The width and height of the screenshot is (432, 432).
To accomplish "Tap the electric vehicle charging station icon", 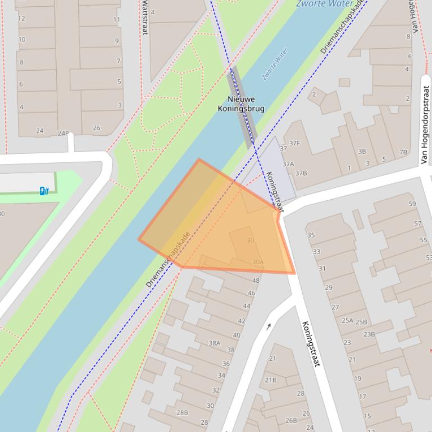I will tap(44, 191).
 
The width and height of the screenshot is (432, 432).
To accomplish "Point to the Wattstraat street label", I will tap(144, 17).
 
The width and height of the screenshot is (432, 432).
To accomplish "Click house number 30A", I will tap(257, 262).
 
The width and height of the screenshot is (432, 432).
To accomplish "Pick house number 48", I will tap(256, 281).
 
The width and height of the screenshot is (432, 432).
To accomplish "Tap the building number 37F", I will tap(294, 144).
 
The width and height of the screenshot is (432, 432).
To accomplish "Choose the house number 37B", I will tap(301, 173).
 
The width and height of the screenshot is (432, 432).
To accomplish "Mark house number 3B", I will tap(362, 151).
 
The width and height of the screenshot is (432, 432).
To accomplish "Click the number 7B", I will tap(403, 152).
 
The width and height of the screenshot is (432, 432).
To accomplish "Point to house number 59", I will tap(412, 204).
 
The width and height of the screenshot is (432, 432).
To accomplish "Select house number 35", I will tap(311, 235).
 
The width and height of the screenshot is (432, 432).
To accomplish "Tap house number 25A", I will tap(347, 321).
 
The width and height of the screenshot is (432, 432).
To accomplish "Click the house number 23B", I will tap(369, 334).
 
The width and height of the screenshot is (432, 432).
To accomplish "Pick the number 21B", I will tap(270, 380).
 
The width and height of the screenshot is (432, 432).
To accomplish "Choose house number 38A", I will tap(214, 343).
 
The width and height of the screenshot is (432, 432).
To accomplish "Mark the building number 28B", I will tap(182, 412).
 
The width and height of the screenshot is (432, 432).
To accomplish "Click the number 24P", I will tap(63, 134).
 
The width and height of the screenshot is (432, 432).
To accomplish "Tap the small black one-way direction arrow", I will tap(269, 326).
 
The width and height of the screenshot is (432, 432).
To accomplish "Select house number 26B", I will tap(290, 420).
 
